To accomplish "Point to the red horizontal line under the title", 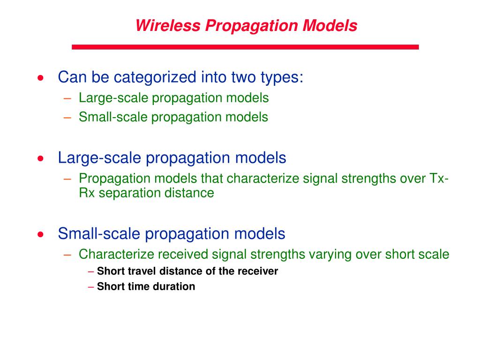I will pos(245,47).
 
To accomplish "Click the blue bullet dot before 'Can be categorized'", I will pos(42,78).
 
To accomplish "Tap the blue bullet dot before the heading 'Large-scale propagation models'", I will pos(42,158).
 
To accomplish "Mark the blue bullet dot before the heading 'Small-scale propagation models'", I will pos(42,234).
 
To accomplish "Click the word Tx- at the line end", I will pos(440,179).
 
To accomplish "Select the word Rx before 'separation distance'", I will pos(87,193).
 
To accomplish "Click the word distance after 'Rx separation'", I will pos(191,193).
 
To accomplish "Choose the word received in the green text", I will pos(183,255).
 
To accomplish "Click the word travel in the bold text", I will pos(142,271).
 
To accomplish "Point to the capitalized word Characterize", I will pos(116,255).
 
